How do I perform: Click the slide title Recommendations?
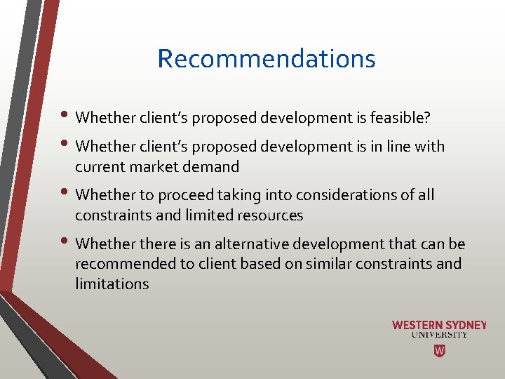267,58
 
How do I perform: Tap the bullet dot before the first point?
67,117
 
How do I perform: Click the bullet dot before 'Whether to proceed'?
67,194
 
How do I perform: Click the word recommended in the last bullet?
124,264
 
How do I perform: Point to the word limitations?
112,284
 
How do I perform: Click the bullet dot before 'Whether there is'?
67,243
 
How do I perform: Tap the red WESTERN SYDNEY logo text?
439,325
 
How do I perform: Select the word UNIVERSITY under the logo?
439,335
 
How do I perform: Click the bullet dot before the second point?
67,145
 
